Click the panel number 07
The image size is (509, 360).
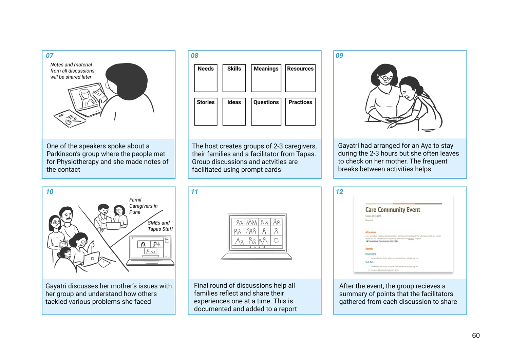click(50, 56)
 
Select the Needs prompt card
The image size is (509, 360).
click(206, 78)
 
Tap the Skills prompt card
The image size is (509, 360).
click(234, 78)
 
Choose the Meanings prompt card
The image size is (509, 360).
click(266, 78)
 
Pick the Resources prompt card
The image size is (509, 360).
click(300, 78)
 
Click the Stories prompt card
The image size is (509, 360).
click(206, 112)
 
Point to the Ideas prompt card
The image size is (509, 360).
click(234, 112)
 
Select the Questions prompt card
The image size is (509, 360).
click(266, 112)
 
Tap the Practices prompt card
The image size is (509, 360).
click(300, 112)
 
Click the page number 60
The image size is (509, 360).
click(476, 336)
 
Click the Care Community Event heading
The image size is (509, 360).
click(393, 210)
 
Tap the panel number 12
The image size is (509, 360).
click(340, 192)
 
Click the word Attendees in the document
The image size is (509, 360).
click(371, 232)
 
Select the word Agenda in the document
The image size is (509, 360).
click(369, 249)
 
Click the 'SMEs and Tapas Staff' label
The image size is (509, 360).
click(160, 226)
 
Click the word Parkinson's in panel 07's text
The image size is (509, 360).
click(64, 154)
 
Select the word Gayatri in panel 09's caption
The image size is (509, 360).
click(348, 146)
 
